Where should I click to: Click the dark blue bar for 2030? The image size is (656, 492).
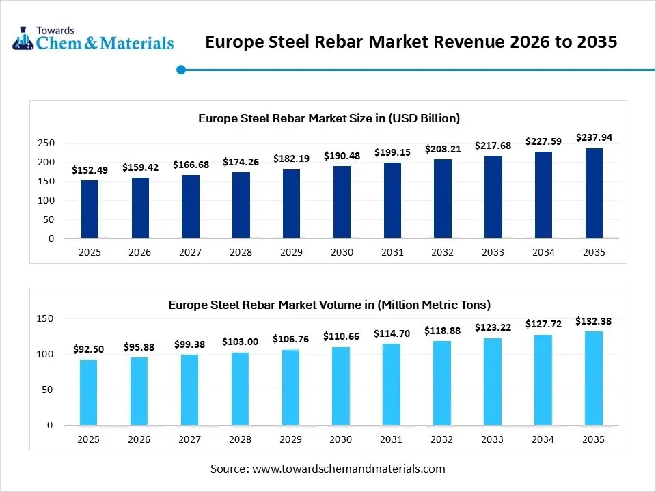pyautogui.click(x=342, y=202)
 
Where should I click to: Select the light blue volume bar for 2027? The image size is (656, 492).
pyautogui.click(x=190, y=389)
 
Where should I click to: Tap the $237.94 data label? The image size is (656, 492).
pyautogui.click(x=594, y=137)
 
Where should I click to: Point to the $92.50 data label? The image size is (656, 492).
pyautogui.click(x=89, y=349)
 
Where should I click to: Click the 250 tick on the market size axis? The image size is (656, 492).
pyautogui.click(x=46, y=143)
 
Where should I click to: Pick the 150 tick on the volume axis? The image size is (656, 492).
pyautogui.click(x=44, y=318)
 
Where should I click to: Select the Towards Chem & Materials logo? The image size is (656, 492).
pyautogui.click(x=93, y=39)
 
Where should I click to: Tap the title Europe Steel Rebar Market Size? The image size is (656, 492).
pyautogui.click(x=329, y=118)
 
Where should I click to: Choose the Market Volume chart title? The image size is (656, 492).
pyautogui.click(x=329, y=305)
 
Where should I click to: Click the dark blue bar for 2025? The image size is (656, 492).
pyautogui.click(x=90, y=209)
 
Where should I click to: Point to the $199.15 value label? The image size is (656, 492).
pyautogui.click(x=392, y=152)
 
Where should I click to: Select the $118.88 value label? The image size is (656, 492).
pyautogui.click(x=443, y=331)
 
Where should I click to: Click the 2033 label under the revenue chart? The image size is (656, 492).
pyautogui.click(x=493, y=252)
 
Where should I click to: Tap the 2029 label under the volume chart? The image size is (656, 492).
pyautogui.click(x=291, y=439)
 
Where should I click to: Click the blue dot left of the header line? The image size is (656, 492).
pyautogui.click(x=181, y=70)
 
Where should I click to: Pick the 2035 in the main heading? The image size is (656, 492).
pyautogui.click(x=593, y=42)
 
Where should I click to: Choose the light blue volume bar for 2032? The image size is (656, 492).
pyautogui.click(x=443, y=383)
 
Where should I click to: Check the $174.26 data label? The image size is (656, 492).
pyautogui.click(x=241, y=162)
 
